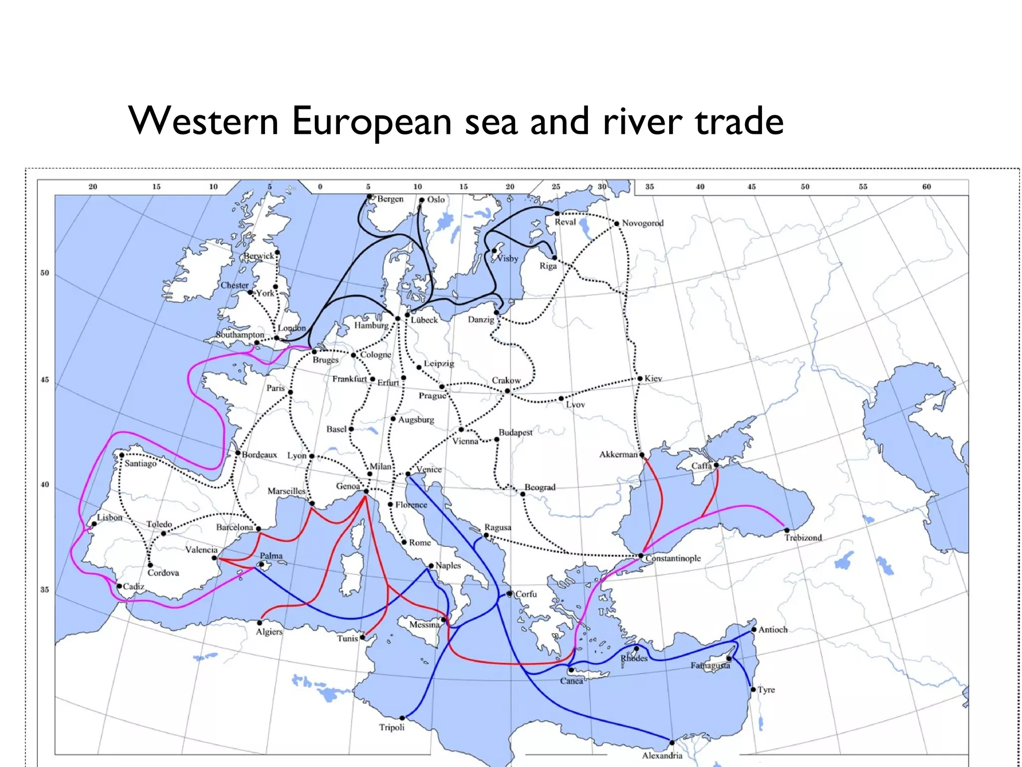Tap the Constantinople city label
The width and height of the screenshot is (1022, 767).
tap(673, 558)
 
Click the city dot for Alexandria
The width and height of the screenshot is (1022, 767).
tap(672, 743)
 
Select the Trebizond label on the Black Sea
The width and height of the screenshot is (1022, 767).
tap(802, 538)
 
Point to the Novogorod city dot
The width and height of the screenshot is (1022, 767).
tap(617, 224)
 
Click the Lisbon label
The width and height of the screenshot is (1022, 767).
tap(109, 517)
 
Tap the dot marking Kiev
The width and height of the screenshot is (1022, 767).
tap(640, 379)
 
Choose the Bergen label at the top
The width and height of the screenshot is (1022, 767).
tap(390, 199)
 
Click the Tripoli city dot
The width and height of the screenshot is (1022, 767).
tap(402, 718)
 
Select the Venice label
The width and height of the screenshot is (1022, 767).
tap(429, 469)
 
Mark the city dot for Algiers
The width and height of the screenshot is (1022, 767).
tap(259, 623)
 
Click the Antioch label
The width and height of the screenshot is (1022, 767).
tap(772, 630)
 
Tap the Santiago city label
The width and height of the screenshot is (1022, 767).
tap(140, 463)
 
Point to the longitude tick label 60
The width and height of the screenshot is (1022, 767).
tap(926, 187)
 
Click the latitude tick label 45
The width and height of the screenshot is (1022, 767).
tap(45, 380)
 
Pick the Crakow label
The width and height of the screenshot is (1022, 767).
tap(506, 381)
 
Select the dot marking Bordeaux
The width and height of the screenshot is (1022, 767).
tap(238, 453)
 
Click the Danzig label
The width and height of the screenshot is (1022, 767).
tap(481, 320)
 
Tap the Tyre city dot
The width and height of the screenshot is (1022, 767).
tap(753, 690)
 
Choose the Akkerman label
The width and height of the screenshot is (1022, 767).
tap(618, 454)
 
